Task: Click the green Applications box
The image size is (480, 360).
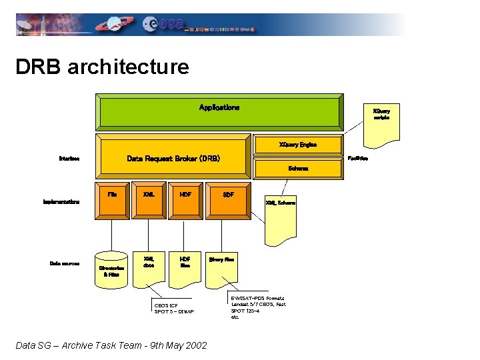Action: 220,111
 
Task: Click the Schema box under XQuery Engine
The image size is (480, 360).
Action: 298,169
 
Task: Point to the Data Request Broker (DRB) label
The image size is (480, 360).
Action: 173,159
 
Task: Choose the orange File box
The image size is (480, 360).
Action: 112,199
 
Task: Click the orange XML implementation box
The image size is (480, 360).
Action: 149,199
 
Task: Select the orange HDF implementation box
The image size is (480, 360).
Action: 185,199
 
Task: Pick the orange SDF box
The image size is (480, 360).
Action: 228,199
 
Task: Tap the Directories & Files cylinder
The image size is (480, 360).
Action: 111,270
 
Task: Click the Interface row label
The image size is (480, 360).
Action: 69,159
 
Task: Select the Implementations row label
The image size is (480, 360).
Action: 61,201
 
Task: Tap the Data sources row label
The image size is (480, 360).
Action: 65,263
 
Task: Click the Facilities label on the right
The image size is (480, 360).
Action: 358,159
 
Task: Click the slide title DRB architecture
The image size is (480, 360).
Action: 102,67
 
